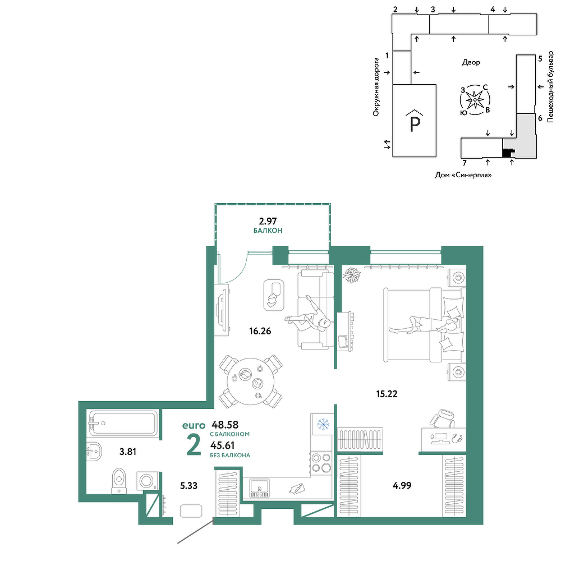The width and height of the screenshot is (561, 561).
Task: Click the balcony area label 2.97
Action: [268, 221]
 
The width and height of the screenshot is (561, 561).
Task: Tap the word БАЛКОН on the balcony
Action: [268, 231]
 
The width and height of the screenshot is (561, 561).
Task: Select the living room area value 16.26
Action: [260, 332]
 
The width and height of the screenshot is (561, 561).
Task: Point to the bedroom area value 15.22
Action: [387, 394]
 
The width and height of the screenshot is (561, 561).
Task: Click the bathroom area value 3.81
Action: [128, 452]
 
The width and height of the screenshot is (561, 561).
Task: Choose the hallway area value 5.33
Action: [188, 486]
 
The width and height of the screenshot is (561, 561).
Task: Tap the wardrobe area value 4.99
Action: [402, 485]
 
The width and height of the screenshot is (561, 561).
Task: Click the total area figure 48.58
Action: [225, 425]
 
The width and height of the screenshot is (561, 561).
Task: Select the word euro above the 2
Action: [194, 425]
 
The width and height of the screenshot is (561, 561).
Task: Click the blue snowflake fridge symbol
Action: [323, 425]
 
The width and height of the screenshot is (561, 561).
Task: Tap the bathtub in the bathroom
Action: [123, 423]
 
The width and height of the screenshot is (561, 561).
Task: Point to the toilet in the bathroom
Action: [119, 481]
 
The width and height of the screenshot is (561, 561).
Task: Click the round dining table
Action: [251, 381]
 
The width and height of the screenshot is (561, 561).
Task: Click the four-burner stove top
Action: [321, 463]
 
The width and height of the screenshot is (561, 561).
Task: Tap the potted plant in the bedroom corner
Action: [352, 275]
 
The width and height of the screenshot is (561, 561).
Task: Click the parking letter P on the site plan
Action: [415, 125]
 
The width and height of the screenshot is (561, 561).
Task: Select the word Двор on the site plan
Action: [471, 62]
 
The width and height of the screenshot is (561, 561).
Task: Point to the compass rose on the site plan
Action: [475, 100]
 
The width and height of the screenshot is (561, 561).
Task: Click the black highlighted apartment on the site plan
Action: [507, 153]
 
